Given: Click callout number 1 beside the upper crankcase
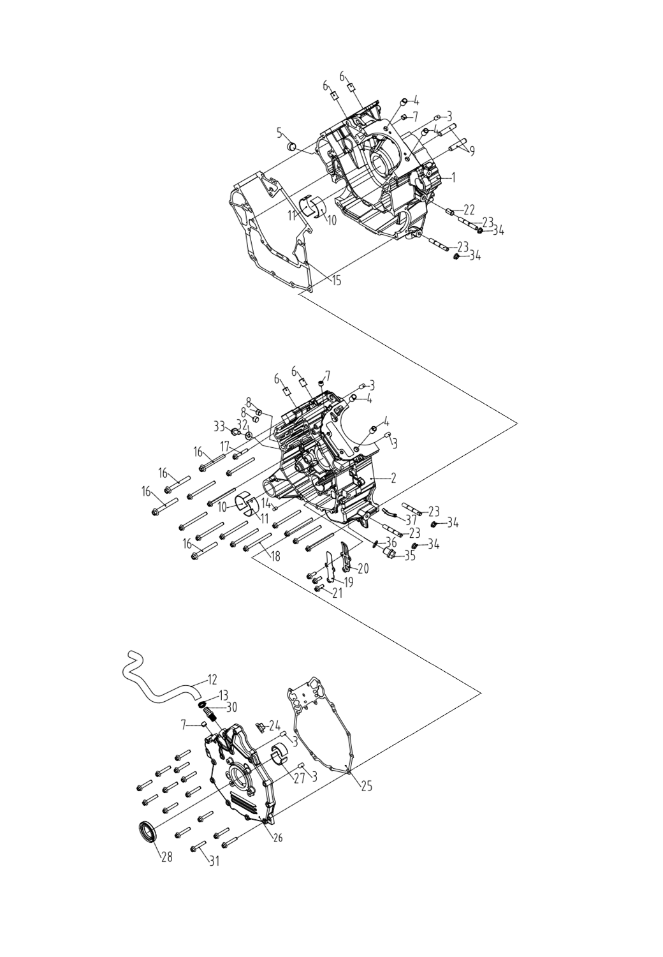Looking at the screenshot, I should pyautogui.click(x=453, y=177).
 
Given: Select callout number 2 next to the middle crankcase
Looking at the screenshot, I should pyautogui.click(x=394, y=477).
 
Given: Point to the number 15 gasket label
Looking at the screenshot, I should pyautogui.click(x=337, y=280).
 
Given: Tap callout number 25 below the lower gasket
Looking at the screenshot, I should pyautogui.click(x=366, y=785).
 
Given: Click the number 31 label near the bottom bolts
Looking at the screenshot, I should pyautogui.click(x=214, y=861).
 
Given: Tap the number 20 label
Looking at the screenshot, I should pyautogui.click(x=363, y=568).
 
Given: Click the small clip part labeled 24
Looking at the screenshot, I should pyautogui.click(x=260, y=727).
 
